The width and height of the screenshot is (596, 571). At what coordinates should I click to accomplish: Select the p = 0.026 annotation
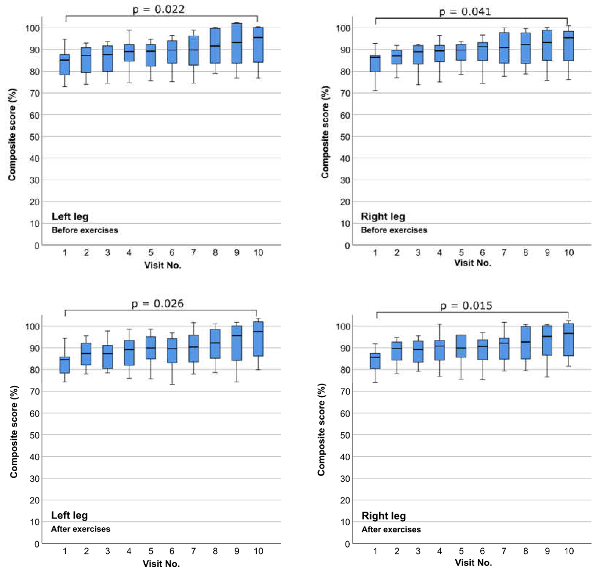click(158, 304)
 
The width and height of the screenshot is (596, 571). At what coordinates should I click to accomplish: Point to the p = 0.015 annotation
click(466, 306)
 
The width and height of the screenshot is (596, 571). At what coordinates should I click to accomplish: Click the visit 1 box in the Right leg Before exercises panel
click(375, 64)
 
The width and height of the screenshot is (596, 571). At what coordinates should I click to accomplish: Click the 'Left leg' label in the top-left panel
click(70, 216)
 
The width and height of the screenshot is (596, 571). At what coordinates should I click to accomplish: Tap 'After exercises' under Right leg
click(391, 529)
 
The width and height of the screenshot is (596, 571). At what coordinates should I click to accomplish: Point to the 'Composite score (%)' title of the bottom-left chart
click(14, 432)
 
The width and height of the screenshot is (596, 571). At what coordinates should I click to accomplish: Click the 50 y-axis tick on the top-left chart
click(35, 137)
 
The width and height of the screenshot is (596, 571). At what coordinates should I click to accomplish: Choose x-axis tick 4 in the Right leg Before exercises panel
click(439, 253)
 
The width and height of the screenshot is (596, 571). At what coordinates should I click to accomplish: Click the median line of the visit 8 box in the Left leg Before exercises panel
click(215, 46)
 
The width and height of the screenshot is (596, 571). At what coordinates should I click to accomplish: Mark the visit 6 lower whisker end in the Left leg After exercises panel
click(172, 384)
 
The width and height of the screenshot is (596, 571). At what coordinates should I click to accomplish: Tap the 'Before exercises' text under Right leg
click(394, 230)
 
